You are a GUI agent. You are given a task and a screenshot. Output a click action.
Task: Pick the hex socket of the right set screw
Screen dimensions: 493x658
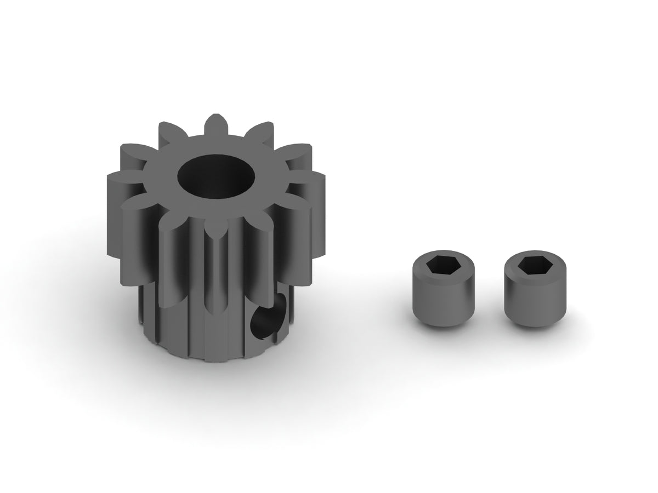pos(529,265)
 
